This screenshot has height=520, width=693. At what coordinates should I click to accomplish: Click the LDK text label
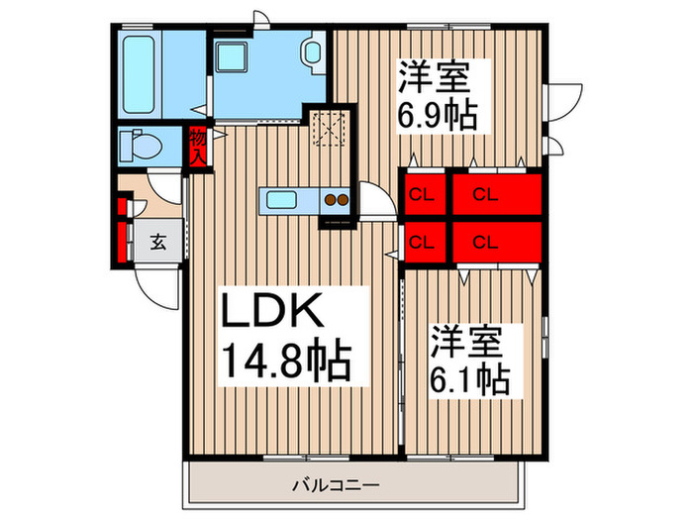click(x=268, y=315)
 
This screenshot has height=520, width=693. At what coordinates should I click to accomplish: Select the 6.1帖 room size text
click(x=469, y=377)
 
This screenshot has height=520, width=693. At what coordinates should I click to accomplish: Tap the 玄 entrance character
click(x=157, y=240)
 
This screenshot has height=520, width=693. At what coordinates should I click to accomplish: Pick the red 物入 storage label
click(x=198, y=148)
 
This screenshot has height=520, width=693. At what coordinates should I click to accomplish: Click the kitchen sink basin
click(x=276, y=199)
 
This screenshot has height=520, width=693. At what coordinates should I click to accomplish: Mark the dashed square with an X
click(x=326, y=129)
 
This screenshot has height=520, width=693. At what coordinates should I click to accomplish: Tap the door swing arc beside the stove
click(x=373, y=200)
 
